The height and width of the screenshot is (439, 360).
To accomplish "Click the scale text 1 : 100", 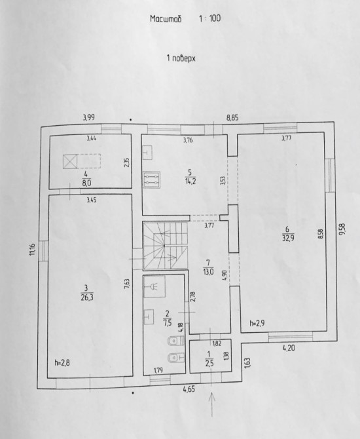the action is coord(210,18).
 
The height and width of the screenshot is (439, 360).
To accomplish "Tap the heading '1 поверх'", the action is coord(181,58).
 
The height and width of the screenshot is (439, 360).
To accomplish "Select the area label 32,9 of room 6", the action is coord(288,238).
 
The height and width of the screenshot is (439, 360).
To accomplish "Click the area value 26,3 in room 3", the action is coord(87,297).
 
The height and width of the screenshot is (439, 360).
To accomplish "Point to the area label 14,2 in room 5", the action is coord(190,181).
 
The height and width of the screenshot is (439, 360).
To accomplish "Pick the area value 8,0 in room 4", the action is coord(86,183).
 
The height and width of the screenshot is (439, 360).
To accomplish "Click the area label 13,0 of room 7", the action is coord(209,271).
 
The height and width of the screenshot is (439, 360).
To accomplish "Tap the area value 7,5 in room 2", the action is coord(168,322).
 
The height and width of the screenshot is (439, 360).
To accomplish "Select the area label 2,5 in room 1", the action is coord(209,364).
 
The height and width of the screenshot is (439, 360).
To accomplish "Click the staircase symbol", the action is coord(165,246).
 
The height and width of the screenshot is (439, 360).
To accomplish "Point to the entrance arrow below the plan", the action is coord(212,404).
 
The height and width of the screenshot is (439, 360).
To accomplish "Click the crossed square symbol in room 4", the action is coord(70,162).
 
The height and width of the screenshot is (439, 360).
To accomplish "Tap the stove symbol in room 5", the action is coord(151,180).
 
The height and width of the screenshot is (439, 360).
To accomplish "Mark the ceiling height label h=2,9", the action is coord(257,324).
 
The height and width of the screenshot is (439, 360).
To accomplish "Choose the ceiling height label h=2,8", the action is coord(62,363).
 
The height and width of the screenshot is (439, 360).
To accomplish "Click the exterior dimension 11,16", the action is coord(33,249).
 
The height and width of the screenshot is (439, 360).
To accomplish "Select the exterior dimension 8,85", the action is coord(232,117).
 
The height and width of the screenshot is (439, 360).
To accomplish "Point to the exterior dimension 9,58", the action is coord(342,229).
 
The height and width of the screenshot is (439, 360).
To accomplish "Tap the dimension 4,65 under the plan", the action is coord(189,389).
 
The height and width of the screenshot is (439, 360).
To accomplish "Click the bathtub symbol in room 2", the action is coord(154,286).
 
